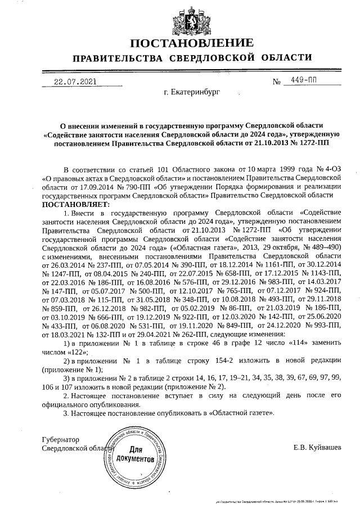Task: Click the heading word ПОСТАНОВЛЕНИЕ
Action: click(x=191, y=43)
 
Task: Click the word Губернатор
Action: click(x=61, y=439)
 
